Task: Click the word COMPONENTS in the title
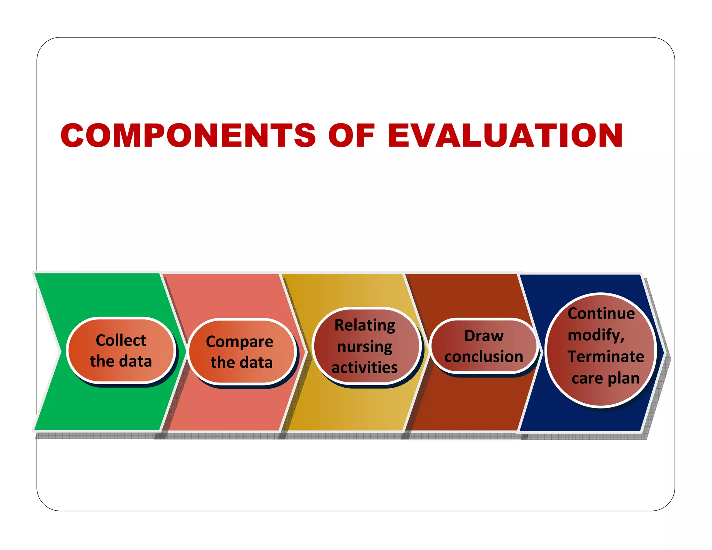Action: click(x=188, y=135)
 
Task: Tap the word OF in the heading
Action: click(x=351, y=135)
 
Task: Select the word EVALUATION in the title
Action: click(x=505, y=135)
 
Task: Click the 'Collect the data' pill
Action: click(x=121, y=350)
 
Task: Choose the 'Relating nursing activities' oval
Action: click(x=366, y=346)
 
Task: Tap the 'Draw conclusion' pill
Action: click(x=484, y=346)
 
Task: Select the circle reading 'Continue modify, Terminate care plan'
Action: click(x=601, y=349)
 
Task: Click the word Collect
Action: click(x=121, y=340)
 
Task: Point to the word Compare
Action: click(x=240, y=342)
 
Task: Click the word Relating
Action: click(x=365, y=325)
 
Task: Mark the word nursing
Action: click(x=365, y=347)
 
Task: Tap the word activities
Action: click(x=365, y=367)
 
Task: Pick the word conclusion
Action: click(x=484, y=357)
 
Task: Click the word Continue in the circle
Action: click(x=601, y=314)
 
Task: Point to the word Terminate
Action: click(x=606, y=357)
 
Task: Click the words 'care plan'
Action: click(x=605, y=378)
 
